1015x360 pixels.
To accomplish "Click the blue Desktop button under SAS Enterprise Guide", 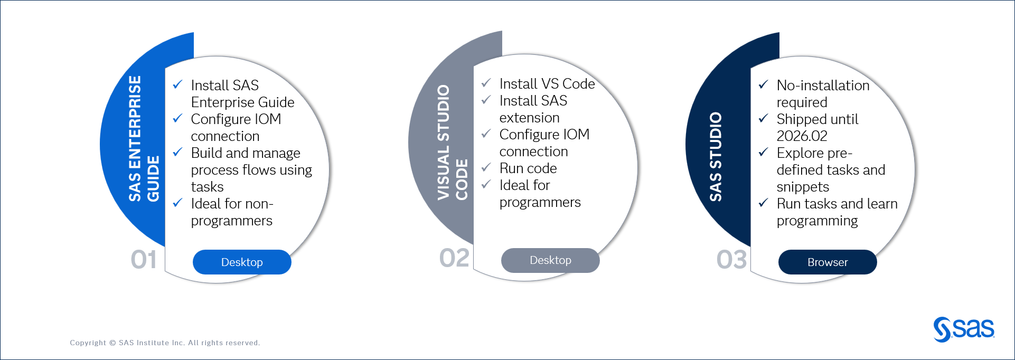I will tap(242, 262).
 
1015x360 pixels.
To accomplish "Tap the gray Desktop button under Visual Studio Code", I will tap(550, 260).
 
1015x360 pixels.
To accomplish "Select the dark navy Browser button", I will tap(827, 262).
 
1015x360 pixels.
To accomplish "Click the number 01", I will tap(144, 260).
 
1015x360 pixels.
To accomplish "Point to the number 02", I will tap(454, 258).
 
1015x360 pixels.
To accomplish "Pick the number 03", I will tap(731, 260).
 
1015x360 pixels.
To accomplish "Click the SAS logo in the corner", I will tap(963, 329).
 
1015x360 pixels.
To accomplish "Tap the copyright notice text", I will tap(165, 343).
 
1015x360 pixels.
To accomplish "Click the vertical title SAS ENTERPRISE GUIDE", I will tap(143, 139).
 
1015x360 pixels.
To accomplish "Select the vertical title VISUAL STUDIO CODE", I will tap(452, 143).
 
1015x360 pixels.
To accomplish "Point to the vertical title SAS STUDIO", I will tap(716, 156).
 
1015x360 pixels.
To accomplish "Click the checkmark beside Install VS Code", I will tap(486, 83).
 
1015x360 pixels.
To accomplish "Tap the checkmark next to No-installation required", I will tap(763, 84).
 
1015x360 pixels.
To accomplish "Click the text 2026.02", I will tap(802, 136).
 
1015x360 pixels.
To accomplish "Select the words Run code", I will tap(528, 168).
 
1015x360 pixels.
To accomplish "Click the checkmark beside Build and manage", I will tap(178, 152).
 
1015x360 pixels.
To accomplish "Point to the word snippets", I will tap(803, 187).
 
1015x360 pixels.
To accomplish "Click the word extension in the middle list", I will tap(529, 118).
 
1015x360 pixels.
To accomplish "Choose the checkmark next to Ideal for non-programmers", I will tap(178, 203).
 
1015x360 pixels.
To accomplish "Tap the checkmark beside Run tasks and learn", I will tap(763, 203).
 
